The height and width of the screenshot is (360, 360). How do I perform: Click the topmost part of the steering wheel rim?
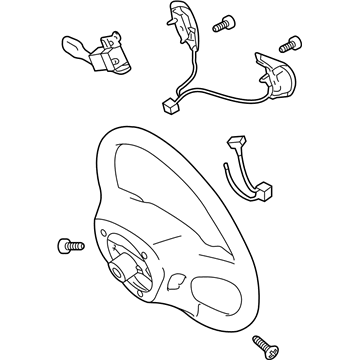click(x=150, y=128)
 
